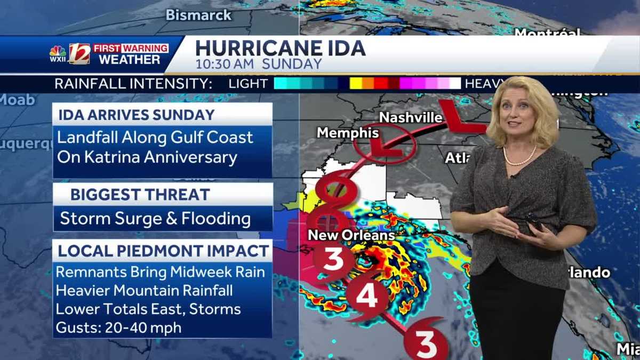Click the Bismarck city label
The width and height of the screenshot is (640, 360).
pos(198,15)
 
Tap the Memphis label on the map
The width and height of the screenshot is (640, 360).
pos(348,132)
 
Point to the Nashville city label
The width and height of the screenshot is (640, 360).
pos(411,117)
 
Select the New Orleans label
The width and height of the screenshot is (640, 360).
pos(351,235)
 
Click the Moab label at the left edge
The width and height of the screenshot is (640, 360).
pos(17,100)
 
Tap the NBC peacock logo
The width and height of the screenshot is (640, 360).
pos(58,53)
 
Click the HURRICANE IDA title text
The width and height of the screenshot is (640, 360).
pos(280,48)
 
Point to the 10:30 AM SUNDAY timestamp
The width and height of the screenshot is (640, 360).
pos(259,65)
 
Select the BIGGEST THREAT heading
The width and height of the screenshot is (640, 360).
pos(140,195)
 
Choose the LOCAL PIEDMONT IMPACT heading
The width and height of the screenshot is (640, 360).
pos(163,251)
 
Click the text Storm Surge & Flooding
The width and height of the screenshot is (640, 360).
pos(155,219)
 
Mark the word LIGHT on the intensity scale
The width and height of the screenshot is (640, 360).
pos(248,84)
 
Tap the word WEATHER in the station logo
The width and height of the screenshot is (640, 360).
pos(130,60)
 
